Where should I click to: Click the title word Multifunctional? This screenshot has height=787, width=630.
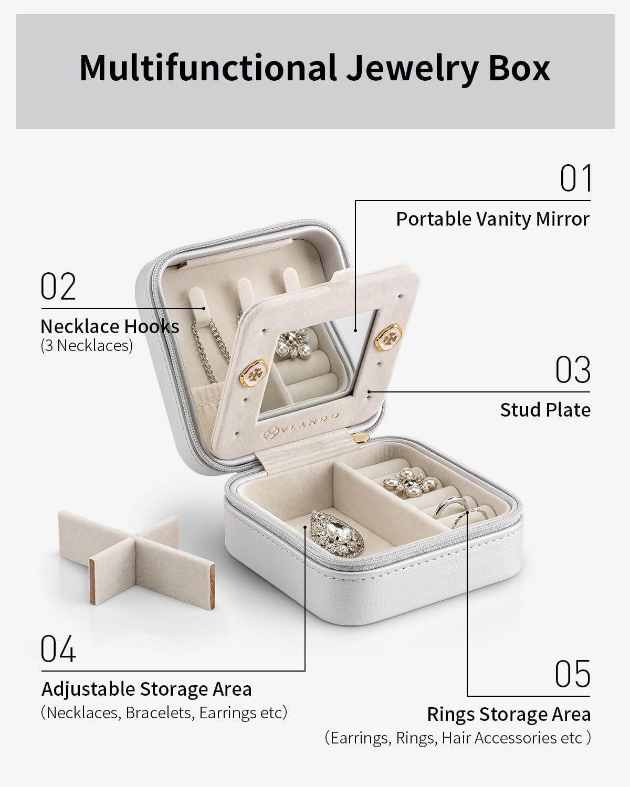[207, 68]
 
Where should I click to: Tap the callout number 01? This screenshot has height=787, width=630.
[575, 178]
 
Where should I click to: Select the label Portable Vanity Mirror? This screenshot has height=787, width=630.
[492, 219]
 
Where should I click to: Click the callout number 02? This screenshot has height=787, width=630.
[58, 286]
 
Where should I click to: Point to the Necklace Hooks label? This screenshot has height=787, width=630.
[110, 326]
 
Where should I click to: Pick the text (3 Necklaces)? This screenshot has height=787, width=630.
[87, 346]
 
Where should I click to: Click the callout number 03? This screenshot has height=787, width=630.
[573, 370]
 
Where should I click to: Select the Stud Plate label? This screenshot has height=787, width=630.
[545, 410]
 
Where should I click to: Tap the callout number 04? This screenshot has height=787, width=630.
[58, 649]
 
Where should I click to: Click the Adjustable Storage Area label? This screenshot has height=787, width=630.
[146, 689]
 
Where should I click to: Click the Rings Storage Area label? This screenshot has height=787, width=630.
[508, 714]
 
